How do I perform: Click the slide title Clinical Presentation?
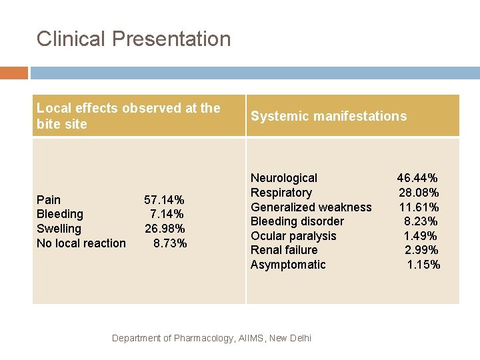click(133, 39)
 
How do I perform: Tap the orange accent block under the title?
click(13, 73)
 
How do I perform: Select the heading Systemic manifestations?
click(328, 116)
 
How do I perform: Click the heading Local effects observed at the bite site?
click(128, 116)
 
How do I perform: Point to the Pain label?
click(49, 199)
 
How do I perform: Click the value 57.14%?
click(164, 199)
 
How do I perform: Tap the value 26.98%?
click(165, 229)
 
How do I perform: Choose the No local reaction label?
click(81, 243)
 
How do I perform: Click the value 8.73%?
click(170, 243)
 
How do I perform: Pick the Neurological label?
click(283, 178)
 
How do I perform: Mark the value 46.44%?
click(417, 178)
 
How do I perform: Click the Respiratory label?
click(281, 193)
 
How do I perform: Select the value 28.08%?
click(419, 193)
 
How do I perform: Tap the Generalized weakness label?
click(311, 207)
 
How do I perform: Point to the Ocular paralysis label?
click(293, 236)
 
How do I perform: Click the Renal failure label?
click(283, 250)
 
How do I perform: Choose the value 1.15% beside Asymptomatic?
click(423, 265)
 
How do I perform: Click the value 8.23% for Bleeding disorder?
click(421, 221)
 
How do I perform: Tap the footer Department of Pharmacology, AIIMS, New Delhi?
click(211, 338)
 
